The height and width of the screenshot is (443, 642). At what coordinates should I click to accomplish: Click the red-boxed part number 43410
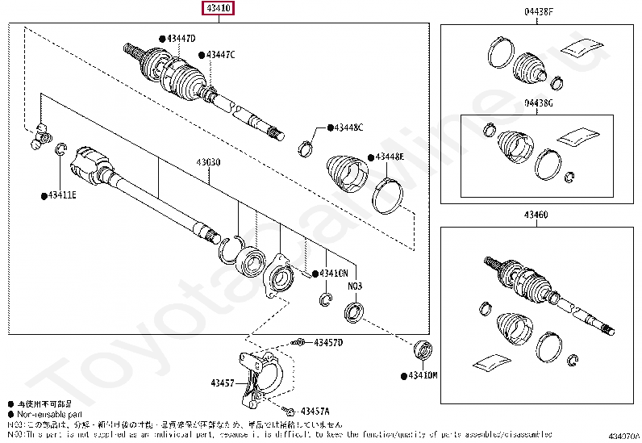tap(219, 9)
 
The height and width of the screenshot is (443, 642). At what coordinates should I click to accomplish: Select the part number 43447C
tap(220, 55)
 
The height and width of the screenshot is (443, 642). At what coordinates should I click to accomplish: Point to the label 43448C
tap(348, 127)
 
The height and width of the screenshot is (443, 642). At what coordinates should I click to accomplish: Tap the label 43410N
tap(333, 274)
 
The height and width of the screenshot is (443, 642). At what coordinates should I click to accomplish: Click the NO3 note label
tap(356, 286)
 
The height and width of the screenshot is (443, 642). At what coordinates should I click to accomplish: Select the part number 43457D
tap(328, 343)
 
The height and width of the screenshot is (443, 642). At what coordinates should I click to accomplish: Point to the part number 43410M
tap(422, 376)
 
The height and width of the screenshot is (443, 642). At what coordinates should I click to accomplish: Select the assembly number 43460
tap(535, 215)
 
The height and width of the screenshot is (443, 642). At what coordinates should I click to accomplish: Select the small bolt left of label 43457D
tap(298, 343)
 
